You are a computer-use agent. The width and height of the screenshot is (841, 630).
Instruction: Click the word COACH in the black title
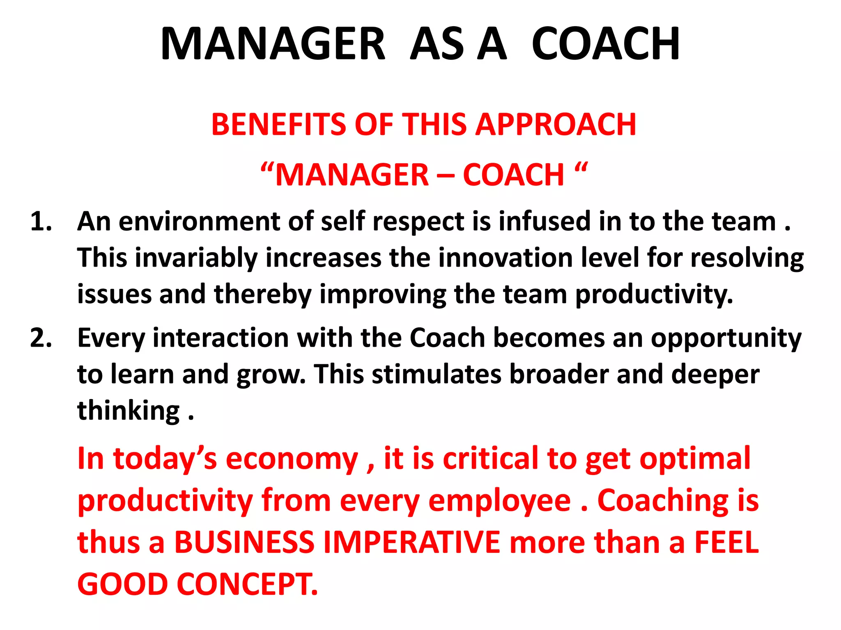tap(605, 44)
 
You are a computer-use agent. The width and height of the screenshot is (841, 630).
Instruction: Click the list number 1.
tap(41, 222)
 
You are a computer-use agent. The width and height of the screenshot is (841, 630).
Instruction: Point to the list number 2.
tap(41, 339)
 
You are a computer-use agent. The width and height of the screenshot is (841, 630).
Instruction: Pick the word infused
tap(545, 222)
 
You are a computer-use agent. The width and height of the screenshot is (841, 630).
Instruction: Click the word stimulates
tap(437, 374)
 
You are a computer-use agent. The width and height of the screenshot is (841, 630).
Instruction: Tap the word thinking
tap(129, 411)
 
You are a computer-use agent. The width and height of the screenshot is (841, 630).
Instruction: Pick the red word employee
tap(499, 501)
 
